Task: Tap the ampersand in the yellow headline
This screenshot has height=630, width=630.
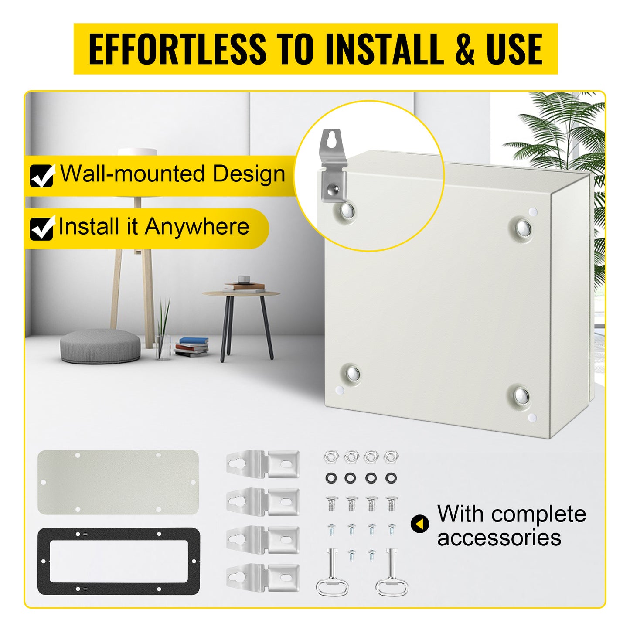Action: (x=465, y=49)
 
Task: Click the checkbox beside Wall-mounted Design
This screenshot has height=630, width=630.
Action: (x=42, y=176)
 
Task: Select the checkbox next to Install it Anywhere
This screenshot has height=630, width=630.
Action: (x=42, y=228)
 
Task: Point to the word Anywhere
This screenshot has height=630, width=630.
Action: (x=197, y=227)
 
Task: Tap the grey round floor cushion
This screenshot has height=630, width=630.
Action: (x=100, y=346)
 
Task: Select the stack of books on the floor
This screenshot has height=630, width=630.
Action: (x=192, y=347)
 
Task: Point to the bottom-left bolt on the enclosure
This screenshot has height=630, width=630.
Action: (x=351, y=373)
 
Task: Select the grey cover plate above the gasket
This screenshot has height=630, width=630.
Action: (x=118, y=482)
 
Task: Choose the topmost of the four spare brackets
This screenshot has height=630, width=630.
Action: (x=263, y=463)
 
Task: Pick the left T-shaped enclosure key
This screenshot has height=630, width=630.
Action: (x=332, y=573)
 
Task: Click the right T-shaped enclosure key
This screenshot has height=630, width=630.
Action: (x=392, y=573)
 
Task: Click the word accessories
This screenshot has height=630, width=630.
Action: (x=499, y=538)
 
